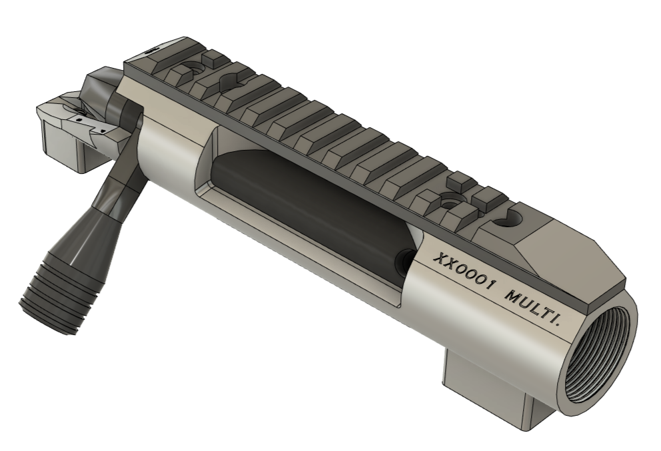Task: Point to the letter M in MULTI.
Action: click(511, 296)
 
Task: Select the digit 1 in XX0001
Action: click(488, 285)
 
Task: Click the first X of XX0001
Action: click(439, 260)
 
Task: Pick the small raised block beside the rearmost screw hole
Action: click(213, 59)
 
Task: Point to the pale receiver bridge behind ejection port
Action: click(167, 147)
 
